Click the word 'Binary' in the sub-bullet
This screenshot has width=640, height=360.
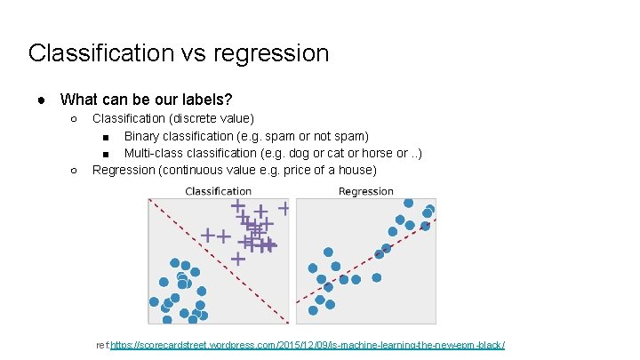143,136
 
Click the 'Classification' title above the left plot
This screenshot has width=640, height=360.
218,191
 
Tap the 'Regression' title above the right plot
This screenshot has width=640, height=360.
365,191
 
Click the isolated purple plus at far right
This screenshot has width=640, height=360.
284,208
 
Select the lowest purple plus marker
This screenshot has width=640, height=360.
238,259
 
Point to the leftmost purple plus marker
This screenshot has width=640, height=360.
207,236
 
